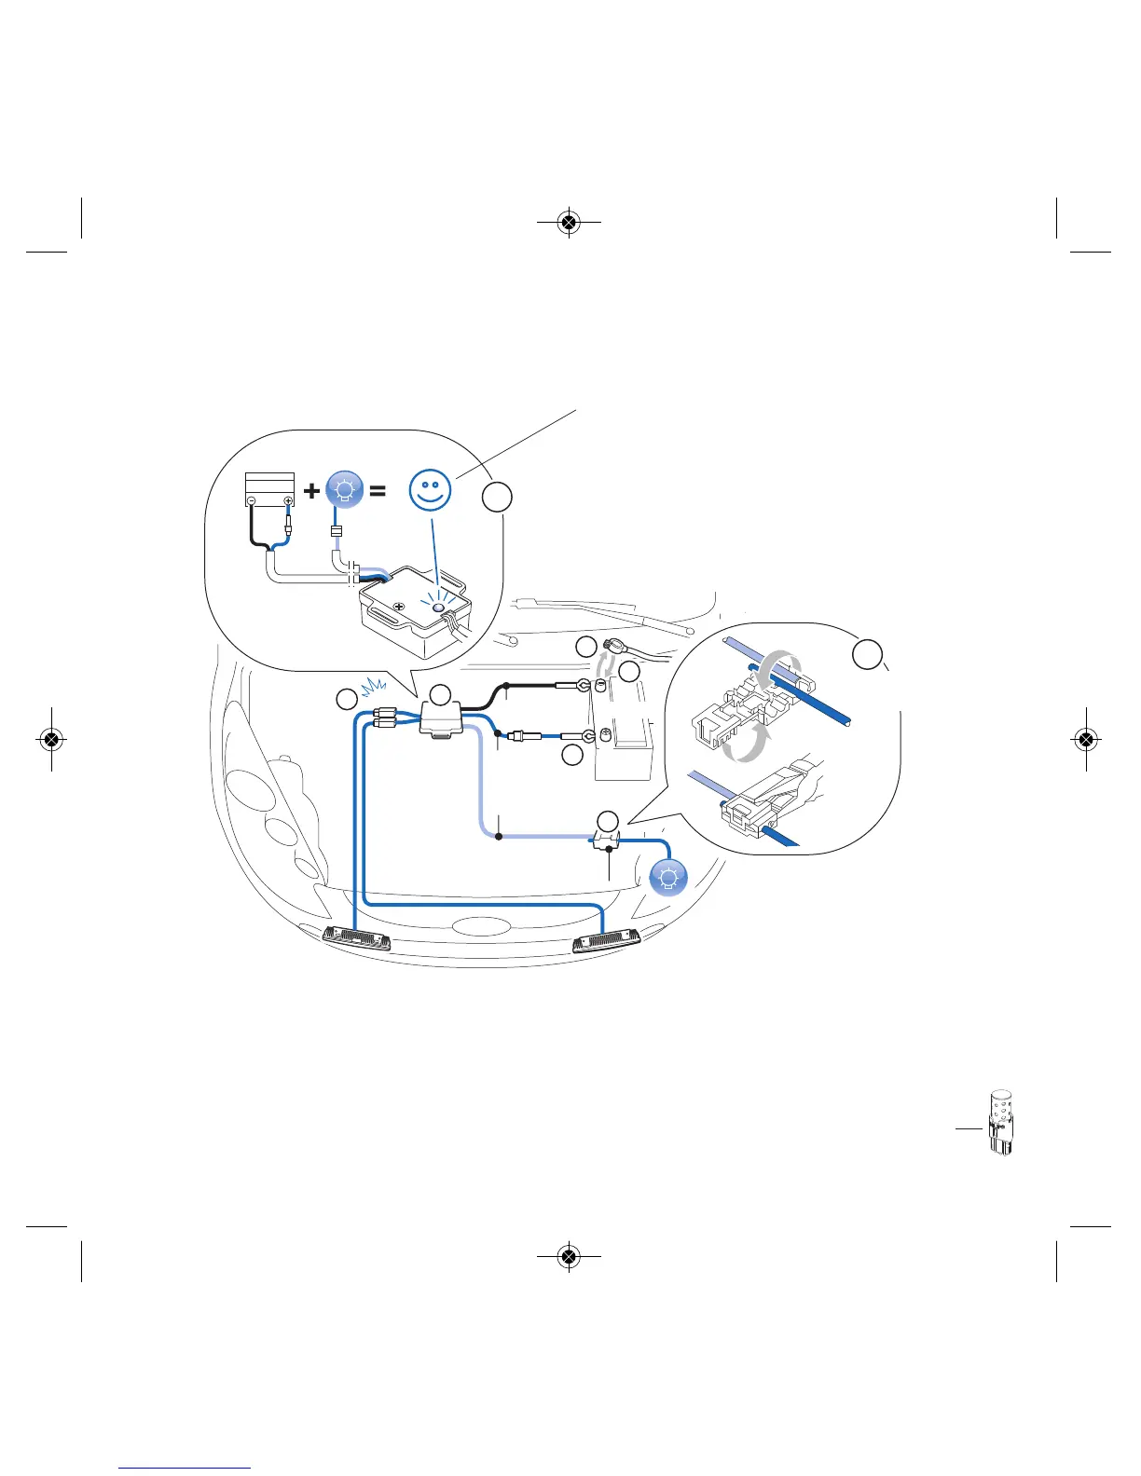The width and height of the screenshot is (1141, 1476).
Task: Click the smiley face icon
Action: click(x=430, y=490)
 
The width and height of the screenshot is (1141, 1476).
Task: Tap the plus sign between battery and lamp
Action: click(x=312, y=490)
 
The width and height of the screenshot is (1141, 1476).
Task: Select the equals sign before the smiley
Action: click(x=378, y=490)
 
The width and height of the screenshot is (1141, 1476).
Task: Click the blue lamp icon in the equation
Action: click(x=344, y=489)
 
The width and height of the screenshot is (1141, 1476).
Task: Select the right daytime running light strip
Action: click(x=606, y=941)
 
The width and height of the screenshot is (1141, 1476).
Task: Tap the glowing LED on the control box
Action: click(x=437, y=608)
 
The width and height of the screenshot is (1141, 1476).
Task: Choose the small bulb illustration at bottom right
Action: click(x=1000, y=1123)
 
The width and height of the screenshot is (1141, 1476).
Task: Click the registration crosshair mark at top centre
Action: click(x=569, y=223)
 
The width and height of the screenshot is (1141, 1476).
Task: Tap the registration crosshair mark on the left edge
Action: click(x=52, y=740)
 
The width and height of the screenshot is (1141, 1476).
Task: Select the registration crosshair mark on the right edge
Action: click(x=1086, y=740)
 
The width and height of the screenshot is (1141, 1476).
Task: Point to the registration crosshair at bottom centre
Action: click(x=569, y=1257)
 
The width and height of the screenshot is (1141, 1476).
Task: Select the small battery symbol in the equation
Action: click(x=269, y=490)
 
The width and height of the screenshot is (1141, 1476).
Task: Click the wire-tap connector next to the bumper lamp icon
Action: click(x=607, y=841)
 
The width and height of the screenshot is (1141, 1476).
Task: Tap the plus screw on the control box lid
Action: click(x=399, y=607)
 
